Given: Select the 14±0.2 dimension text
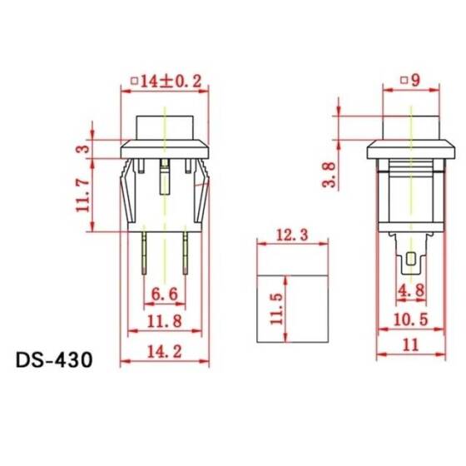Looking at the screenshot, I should click(166, 81).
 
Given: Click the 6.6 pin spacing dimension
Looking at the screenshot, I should click(164, 293).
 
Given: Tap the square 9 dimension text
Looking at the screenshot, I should click(410, 81).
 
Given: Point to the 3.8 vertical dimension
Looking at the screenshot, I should click(330, 176).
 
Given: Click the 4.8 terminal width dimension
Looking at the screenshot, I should click(411, 292).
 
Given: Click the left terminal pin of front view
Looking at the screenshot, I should click(146, 253).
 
